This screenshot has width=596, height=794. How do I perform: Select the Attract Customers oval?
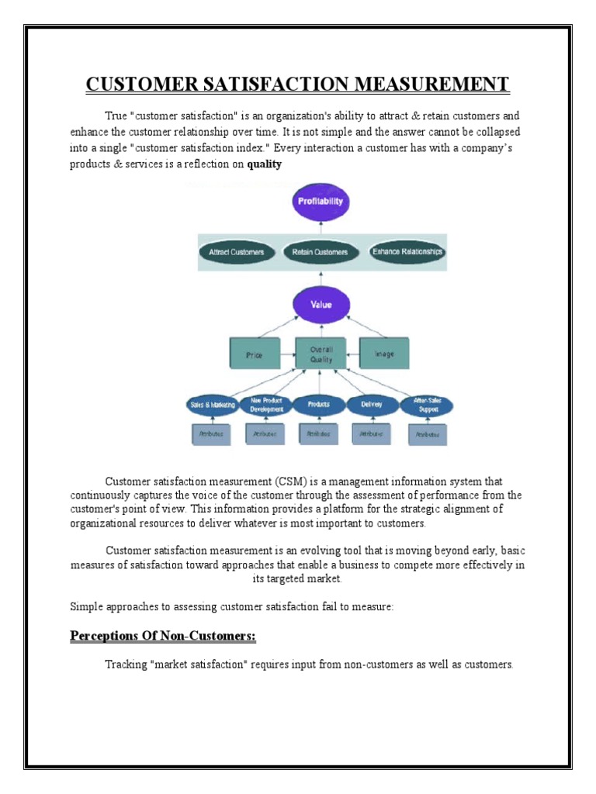(236, 252)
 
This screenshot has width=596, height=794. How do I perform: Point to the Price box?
(254, 354)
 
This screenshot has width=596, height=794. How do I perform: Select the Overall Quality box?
(321, 354)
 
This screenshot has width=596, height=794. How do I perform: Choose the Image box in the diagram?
(384, 354)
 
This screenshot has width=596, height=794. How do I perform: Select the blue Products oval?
(318, 404)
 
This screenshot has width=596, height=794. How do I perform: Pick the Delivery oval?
(372, 404)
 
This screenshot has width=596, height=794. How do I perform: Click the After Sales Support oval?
(426, 405)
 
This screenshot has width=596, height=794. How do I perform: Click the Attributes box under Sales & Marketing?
(211, 434)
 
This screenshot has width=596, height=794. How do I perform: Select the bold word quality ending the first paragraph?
(264, 164)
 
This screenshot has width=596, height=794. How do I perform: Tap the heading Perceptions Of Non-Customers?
(163, 637)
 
